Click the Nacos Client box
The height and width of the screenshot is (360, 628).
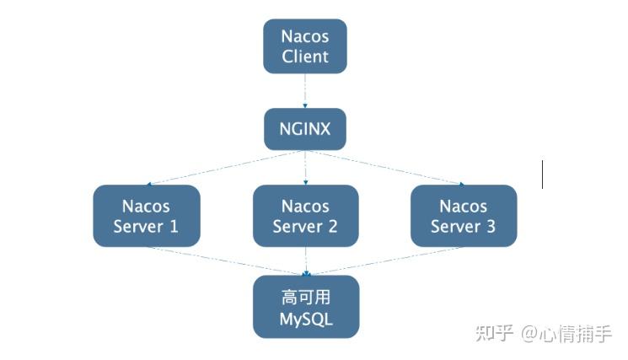click(x=305, y=46)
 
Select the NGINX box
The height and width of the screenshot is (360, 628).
click(x=305, y=129)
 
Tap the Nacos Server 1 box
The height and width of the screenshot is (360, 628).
click(x=146, y=216)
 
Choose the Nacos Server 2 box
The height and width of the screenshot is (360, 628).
click(x=305, y=216)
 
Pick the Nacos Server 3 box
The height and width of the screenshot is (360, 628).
click(x=464, y=216)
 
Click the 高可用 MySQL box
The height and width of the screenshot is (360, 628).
click(x=306, y=307)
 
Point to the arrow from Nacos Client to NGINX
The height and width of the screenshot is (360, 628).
click(x=305, y=91)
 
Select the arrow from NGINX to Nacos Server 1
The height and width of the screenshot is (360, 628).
click(x=223, y=168)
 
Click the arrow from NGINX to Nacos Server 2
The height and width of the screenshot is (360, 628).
click(x=305, y=168)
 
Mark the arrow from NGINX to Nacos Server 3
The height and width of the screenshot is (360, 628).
click(x=384, y=168)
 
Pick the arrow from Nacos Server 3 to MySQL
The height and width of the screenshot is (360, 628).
click(x=384, y=261)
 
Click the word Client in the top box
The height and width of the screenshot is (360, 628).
click(x=305, y=57)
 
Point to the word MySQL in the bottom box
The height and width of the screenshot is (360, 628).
click(x=306, y=320)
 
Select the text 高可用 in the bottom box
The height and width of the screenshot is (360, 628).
click(x=306, y=297)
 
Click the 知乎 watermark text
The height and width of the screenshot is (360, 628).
click(x=494, y=333)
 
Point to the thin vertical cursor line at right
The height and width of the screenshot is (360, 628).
click(x=542, y=175)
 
